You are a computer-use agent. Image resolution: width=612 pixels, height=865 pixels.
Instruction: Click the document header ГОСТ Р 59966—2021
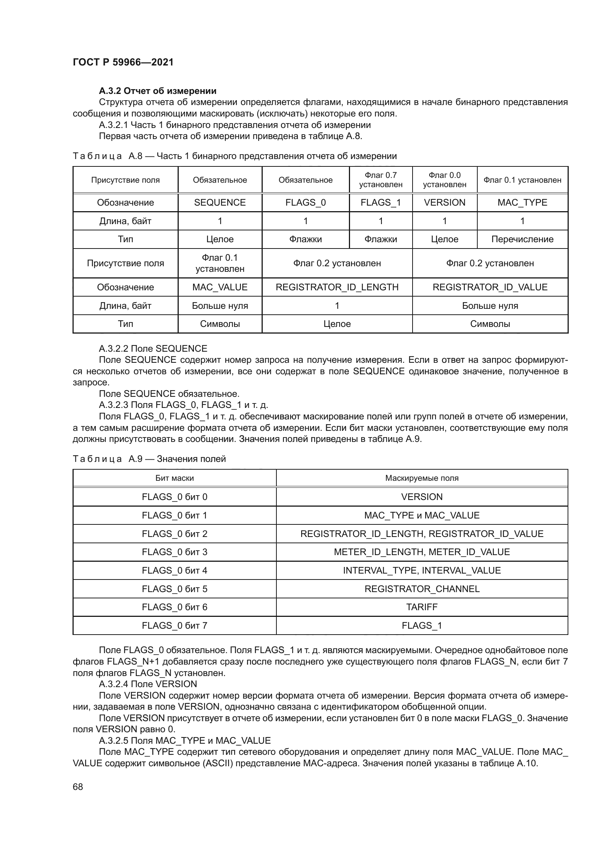click(x=123, y=62)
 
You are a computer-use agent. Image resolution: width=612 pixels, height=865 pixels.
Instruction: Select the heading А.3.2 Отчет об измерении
click(x=158, y=91)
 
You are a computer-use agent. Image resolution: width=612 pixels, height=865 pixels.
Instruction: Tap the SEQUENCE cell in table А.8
click(x=220, y=203)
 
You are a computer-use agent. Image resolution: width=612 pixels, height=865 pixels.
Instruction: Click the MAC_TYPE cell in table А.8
click(x=522, y=203)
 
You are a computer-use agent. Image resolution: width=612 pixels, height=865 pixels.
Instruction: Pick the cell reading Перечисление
click(x=522, y=239)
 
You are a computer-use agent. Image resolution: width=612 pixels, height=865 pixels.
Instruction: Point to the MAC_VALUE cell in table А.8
click(x=220, y=287)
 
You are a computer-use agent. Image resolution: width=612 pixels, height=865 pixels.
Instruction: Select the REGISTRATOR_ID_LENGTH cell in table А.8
click(x=337, y=287)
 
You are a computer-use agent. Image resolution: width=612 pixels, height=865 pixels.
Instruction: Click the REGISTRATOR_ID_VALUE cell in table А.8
click(x=490, y=287)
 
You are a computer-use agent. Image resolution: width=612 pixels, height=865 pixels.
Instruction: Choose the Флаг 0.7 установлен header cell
click(x=381, y=180)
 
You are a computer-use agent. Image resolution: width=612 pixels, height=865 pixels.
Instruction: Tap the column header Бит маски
click(x=175, y=478)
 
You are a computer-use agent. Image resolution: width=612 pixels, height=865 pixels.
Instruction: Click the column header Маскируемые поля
click(x=422, y=478)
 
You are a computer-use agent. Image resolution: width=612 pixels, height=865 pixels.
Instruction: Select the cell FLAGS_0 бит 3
click(x=175, y=552)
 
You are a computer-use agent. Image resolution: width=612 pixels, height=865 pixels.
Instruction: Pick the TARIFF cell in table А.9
click(x=422, y=607)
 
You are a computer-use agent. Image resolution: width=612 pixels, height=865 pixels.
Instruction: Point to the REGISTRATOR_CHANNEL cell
click(x=422, y=589)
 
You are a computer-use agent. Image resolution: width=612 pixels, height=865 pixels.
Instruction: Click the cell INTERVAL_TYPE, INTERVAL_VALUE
click(x=422, y=570)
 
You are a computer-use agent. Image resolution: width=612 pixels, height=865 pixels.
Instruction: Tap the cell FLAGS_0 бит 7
click(x=175, y=625)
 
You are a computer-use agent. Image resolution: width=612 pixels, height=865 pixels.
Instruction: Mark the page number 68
click(x=78, y=787)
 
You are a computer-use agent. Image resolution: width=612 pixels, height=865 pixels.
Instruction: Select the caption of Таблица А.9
click(x=149, y=459)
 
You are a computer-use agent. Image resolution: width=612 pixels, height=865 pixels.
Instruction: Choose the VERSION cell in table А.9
click(x=422, y=497)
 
